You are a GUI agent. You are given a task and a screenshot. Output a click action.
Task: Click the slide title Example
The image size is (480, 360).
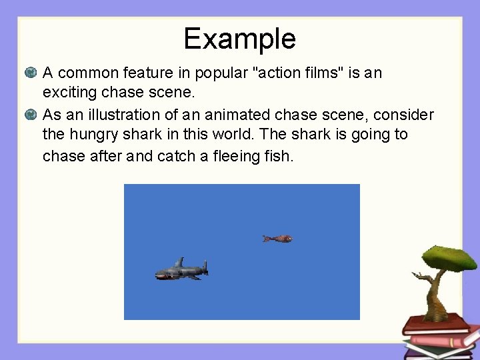(x=239, y=39)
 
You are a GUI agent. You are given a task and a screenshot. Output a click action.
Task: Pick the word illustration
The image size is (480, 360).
(x=120, y=115)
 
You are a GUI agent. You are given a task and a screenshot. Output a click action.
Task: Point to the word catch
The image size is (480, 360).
(x=177, y=156)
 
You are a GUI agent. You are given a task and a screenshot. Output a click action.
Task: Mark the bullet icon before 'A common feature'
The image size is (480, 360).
(x=30, y=72)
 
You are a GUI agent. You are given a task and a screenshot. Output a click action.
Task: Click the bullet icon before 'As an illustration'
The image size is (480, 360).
(x=30, y=115)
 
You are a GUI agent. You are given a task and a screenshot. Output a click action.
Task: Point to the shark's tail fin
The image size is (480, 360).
(x=204, y=267)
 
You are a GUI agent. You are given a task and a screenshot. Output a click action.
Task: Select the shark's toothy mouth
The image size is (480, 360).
(x=162, y=275)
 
